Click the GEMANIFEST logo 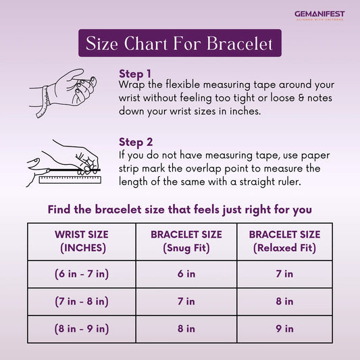pos(319,16)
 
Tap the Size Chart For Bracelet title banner pos(180,43)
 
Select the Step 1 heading pos(135,74)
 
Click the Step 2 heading pos(136,142)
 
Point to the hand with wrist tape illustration pos(63,93)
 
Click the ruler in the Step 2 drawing pos(70,180)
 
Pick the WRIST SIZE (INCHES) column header pos(82,241)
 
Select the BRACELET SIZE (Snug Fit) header pos(186,241)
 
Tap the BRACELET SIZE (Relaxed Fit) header pos(285,241)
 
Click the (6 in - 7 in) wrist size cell pos(82,274)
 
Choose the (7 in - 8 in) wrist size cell pos(82,301)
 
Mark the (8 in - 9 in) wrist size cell pos(82,329)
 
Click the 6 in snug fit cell pos(186,274)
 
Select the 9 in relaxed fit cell pos(285,329)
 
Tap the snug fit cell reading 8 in pos(186,329)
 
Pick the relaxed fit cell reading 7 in pos(285,274)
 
